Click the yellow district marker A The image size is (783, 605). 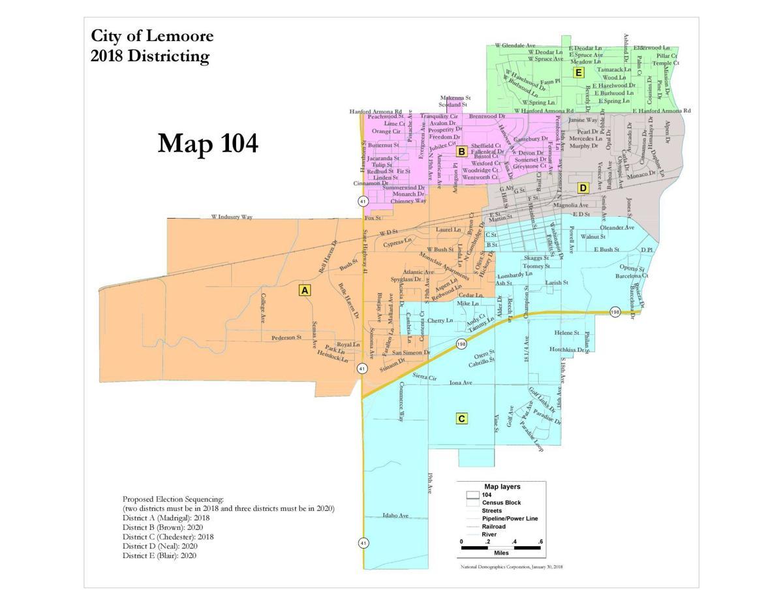click(304, 290)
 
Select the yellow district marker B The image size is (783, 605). click(461, 151)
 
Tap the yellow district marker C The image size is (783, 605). click(461, 418)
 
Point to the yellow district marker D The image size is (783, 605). click(583, 188)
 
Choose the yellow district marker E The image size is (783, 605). click(578, 72)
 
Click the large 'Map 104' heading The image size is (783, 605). click(207, 144)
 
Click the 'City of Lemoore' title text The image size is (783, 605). click(152, 35)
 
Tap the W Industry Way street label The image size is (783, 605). click(232, 217)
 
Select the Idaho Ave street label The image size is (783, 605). click(395, 516)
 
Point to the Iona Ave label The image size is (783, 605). click(461, 383)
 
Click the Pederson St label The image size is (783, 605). click(286, 338)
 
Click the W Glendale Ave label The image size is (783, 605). click(515, 45)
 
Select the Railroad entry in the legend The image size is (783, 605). click(494, 526)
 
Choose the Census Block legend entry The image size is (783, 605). click(501, 503)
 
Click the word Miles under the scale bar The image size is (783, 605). click(501, 552)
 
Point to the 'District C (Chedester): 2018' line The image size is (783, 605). click(168, 536)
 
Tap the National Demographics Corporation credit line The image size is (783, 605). click(512, 566)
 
